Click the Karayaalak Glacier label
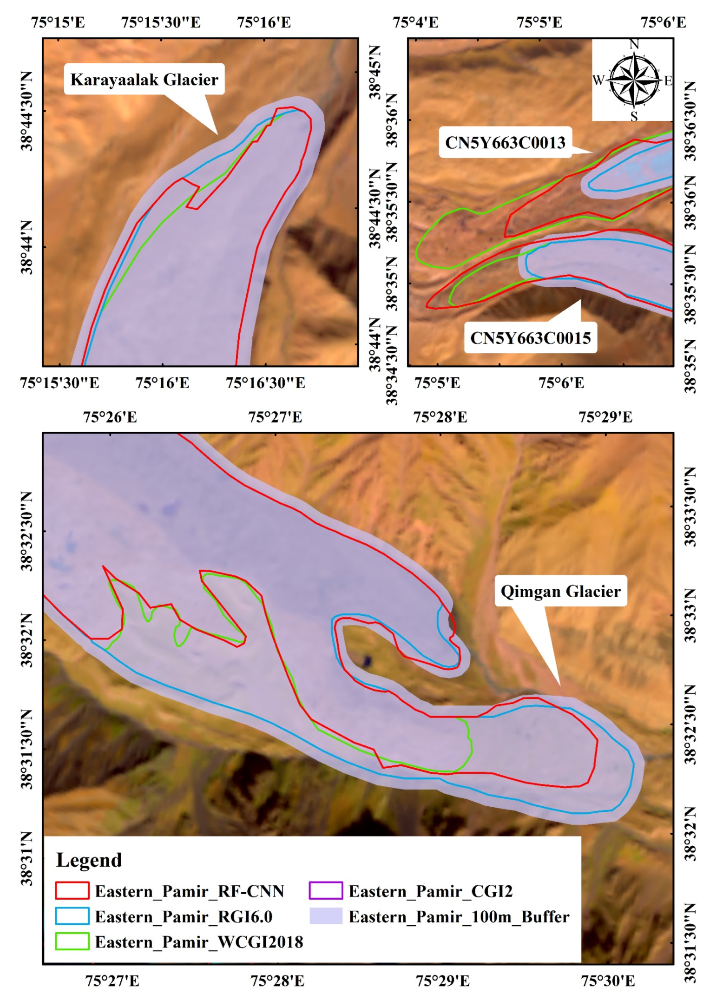[x=144, y=80]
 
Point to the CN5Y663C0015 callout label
[x=530, y=338]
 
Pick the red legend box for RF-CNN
[x=72, y=891]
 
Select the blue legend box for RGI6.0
[x=72, y=916]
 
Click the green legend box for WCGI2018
[x=72, y=942]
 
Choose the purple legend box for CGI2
[x=326, y=891]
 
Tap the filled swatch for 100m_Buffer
[x=326, y=916]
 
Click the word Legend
[x=89, y=860]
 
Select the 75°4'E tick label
[x=415, y=22]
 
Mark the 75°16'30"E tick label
[x=265, y=383]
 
